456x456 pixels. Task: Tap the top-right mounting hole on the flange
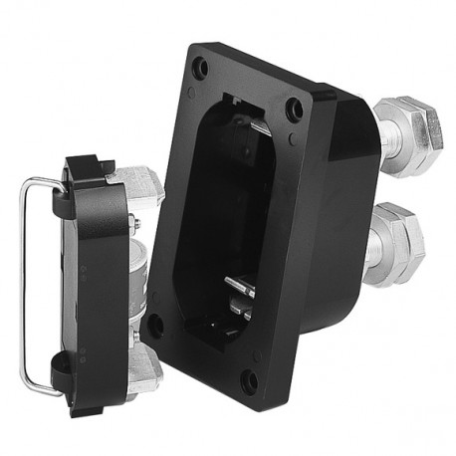point(294,110)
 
